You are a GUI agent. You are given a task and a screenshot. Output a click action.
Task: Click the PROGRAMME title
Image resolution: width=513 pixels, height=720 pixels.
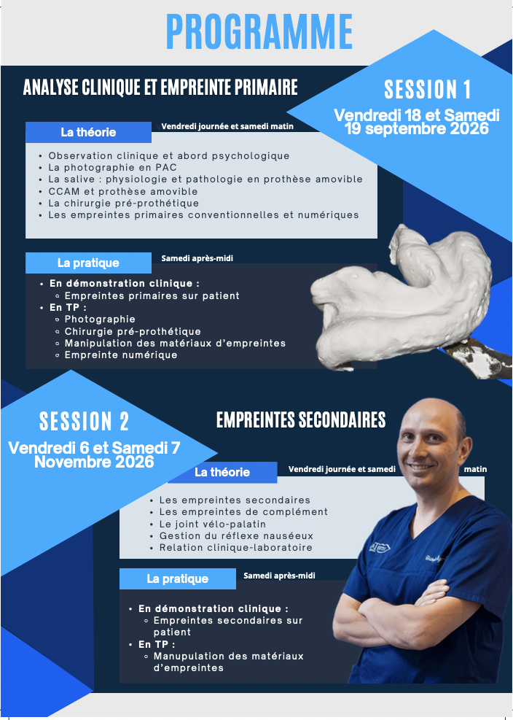point(259,31)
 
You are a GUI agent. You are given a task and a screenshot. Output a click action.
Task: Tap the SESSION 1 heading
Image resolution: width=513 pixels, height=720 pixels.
point(427,90)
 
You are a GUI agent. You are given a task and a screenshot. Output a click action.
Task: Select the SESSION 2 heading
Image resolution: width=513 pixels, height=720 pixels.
point(84,421)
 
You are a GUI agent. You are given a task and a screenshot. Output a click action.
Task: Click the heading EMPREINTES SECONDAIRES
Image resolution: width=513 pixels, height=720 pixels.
point(301,419)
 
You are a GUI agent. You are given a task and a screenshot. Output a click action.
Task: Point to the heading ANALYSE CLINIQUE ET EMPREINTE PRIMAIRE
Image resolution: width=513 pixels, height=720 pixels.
point(160,87)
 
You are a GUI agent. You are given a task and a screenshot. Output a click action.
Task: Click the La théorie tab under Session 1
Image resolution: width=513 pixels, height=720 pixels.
point(89,132)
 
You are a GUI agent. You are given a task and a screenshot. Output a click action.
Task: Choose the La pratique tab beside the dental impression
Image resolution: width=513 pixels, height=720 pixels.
point(89,263)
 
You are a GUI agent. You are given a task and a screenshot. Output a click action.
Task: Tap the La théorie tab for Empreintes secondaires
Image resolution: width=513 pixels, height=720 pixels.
point(222,473)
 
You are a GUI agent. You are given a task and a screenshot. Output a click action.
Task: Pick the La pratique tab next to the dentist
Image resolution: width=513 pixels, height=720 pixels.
point(178,578)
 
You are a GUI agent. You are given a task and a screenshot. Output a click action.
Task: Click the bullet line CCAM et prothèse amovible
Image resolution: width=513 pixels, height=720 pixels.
point(123,191)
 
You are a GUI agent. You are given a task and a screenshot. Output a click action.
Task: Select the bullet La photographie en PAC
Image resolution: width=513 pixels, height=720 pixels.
point(112,168)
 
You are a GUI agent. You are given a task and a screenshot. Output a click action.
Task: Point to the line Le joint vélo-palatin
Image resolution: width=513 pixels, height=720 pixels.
point(213,524)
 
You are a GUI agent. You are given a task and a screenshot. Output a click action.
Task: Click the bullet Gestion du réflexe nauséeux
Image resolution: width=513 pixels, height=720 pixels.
point(236,536)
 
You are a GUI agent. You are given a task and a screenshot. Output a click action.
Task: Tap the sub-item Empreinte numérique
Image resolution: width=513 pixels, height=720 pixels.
point(121,355)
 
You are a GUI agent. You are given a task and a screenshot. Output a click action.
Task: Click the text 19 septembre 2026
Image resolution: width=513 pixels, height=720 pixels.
point(417,128)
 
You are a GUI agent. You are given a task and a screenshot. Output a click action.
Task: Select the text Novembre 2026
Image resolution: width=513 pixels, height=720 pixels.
point(94,462)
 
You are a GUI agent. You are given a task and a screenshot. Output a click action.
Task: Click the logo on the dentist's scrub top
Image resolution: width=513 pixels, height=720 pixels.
point(380,547)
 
